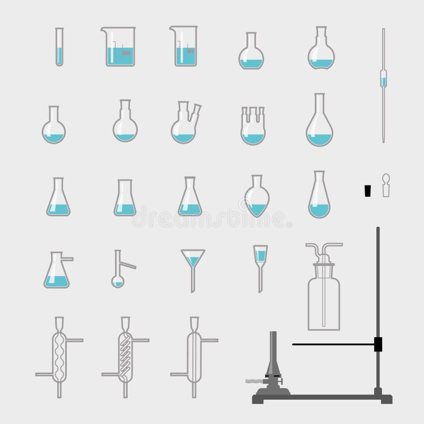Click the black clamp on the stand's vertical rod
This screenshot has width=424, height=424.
pos(378,344)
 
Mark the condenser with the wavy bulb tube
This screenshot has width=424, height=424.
pos(58,355)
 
